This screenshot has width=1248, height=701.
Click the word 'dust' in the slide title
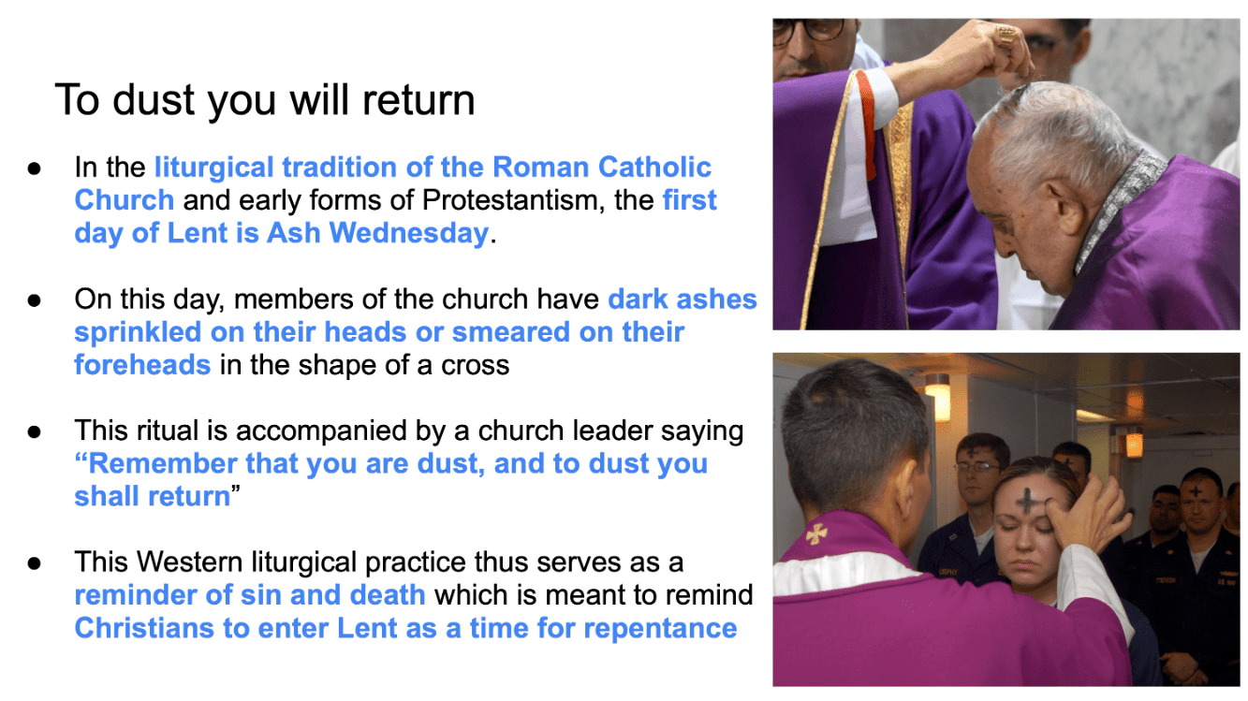(x=154, y=100)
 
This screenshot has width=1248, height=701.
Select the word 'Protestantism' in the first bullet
(x=513, y=200)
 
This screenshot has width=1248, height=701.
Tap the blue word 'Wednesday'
(x=408, y=233)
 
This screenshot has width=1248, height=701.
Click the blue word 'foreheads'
(x=142, y=365)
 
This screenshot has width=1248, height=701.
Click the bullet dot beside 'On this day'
(x=34, y=300)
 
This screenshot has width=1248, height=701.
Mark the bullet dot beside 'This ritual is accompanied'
(x=34, y=432)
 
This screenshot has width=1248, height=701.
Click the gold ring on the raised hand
(x=1007, y=36)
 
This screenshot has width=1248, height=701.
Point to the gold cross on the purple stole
(x=816, y=533)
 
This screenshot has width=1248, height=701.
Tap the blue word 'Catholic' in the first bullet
(x=654, y=167)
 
